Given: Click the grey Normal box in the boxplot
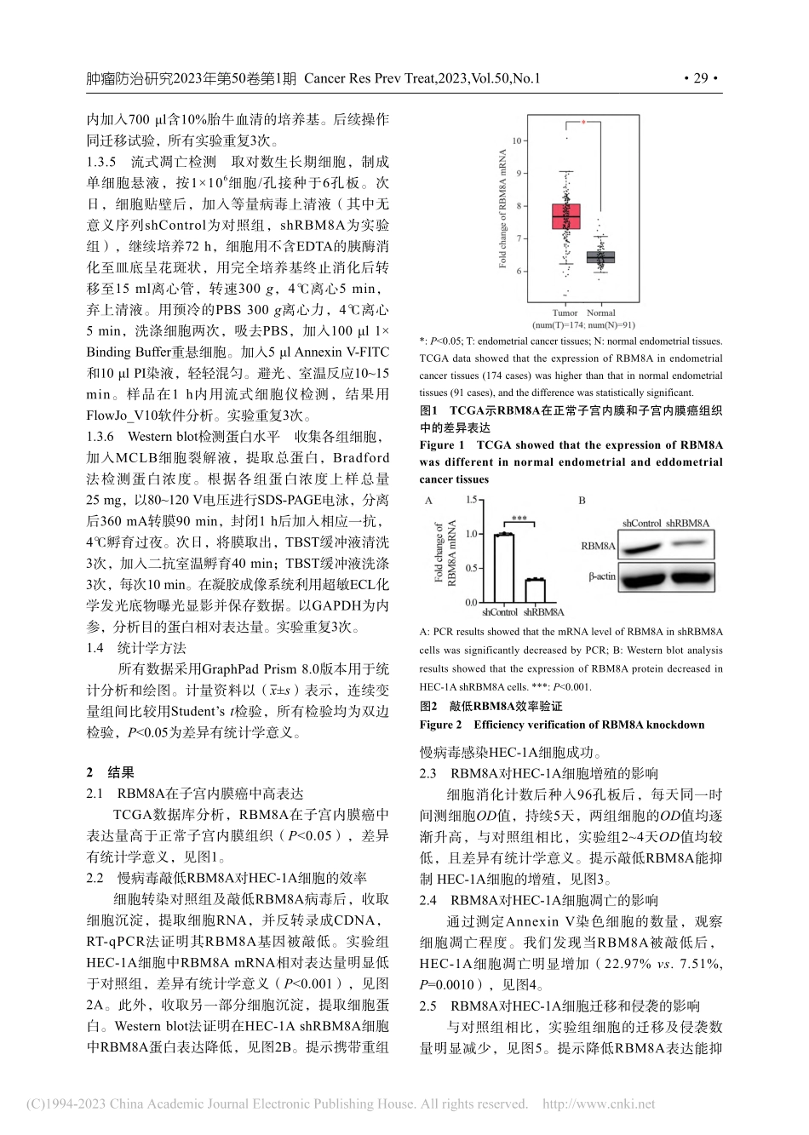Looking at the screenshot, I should [601, 257].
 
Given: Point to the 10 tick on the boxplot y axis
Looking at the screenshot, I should [516, 140].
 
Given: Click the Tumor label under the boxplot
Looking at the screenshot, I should [565, 312].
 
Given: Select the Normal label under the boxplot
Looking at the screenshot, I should [601, 312].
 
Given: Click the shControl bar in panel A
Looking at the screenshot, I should [505, 568].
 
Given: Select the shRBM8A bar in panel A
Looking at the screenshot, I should [535, 590].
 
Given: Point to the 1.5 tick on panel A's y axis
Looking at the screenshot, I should [470, 501].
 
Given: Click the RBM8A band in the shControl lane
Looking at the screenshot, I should [641, 545].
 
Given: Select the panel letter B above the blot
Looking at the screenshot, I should [582, 501].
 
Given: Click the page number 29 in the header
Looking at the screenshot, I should [701, 79].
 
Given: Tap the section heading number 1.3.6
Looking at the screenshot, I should [100, 438].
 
